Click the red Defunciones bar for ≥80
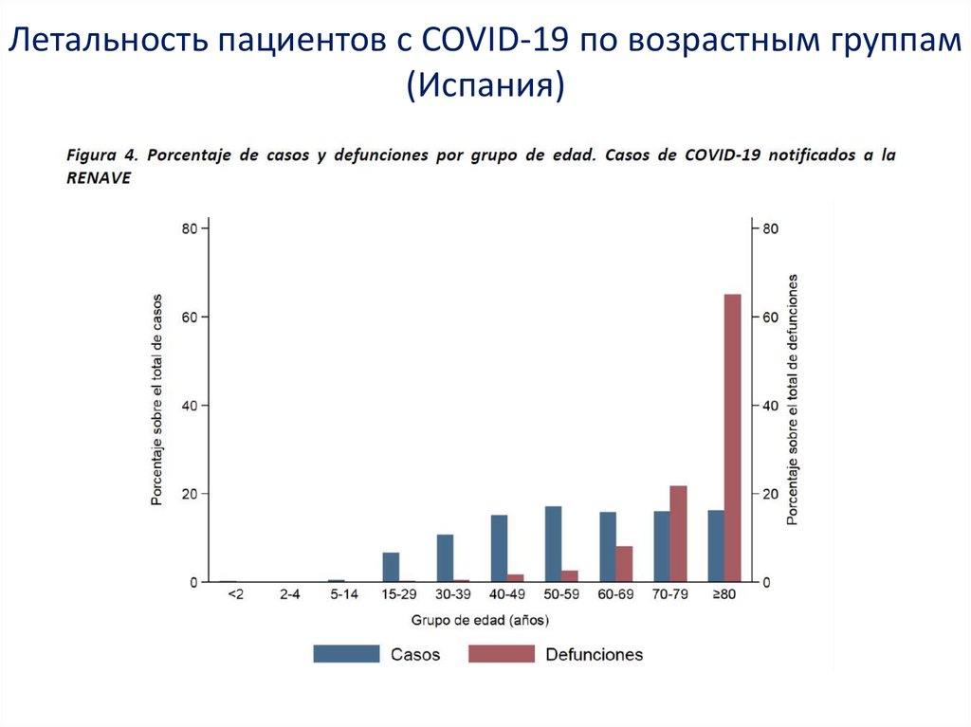732,438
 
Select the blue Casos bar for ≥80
716,546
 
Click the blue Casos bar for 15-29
391,567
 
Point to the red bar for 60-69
623,564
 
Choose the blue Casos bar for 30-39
445,558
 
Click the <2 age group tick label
235,594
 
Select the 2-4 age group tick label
290,594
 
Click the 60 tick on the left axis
190,317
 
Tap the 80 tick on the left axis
190,228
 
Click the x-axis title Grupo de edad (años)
480,621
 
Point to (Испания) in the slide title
485,86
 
